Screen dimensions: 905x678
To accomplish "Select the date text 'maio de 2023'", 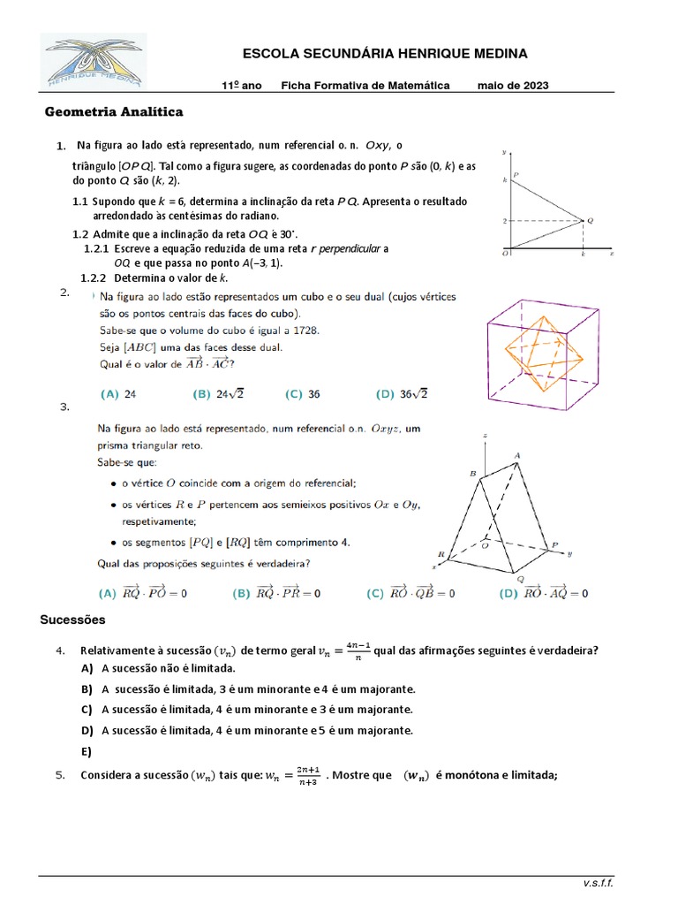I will pos(513,86).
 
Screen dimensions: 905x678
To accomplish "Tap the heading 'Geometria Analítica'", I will pos(114,112).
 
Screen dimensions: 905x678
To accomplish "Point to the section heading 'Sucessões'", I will pos(72,620).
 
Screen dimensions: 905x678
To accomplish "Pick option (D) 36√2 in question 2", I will pos(402,394).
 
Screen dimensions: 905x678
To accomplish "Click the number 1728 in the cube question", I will pos(304,331).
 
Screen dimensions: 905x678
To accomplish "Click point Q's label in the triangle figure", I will pos(590,219).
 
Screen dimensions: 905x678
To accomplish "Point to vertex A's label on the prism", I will pos(516,455).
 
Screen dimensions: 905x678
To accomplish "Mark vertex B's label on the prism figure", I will pos(472,475).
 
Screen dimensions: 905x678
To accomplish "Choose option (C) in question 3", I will pos(411,594).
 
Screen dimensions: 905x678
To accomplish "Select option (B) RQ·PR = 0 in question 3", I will pos(276,594).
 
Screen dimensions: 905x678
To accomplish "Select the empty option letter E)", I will pos(86,751).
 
